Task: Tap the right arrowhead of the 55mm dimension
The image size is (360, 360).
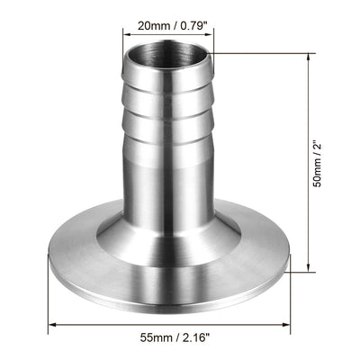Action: tap(292, 325)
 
